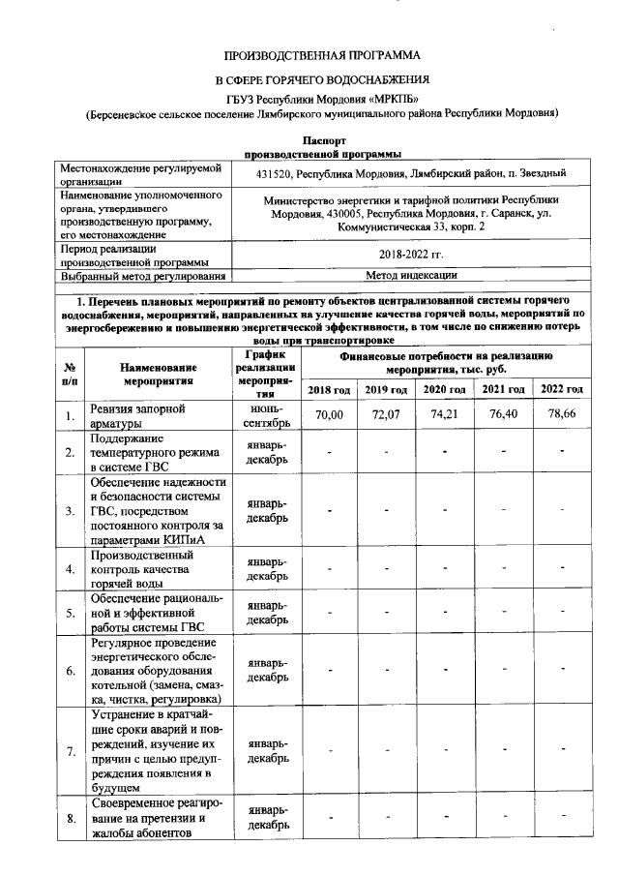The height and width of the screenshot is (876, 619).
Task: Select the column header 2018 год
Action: point(330,388)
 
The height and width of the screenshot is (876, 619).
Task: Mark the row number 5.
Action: point(70,613)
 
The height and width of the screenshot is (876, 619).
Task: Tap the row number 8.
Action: point(70,819)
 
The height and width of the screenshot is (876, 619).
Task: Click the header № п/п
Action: point(70,375)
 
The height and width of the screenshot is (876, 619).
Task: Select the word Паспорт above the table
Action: point(323,140)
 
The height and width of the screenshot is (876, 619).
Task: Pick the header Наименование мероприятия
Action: point(160,375)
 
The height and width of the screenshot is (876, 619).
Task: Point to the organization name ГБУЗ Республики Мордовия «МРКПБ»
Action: point(323,97)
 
